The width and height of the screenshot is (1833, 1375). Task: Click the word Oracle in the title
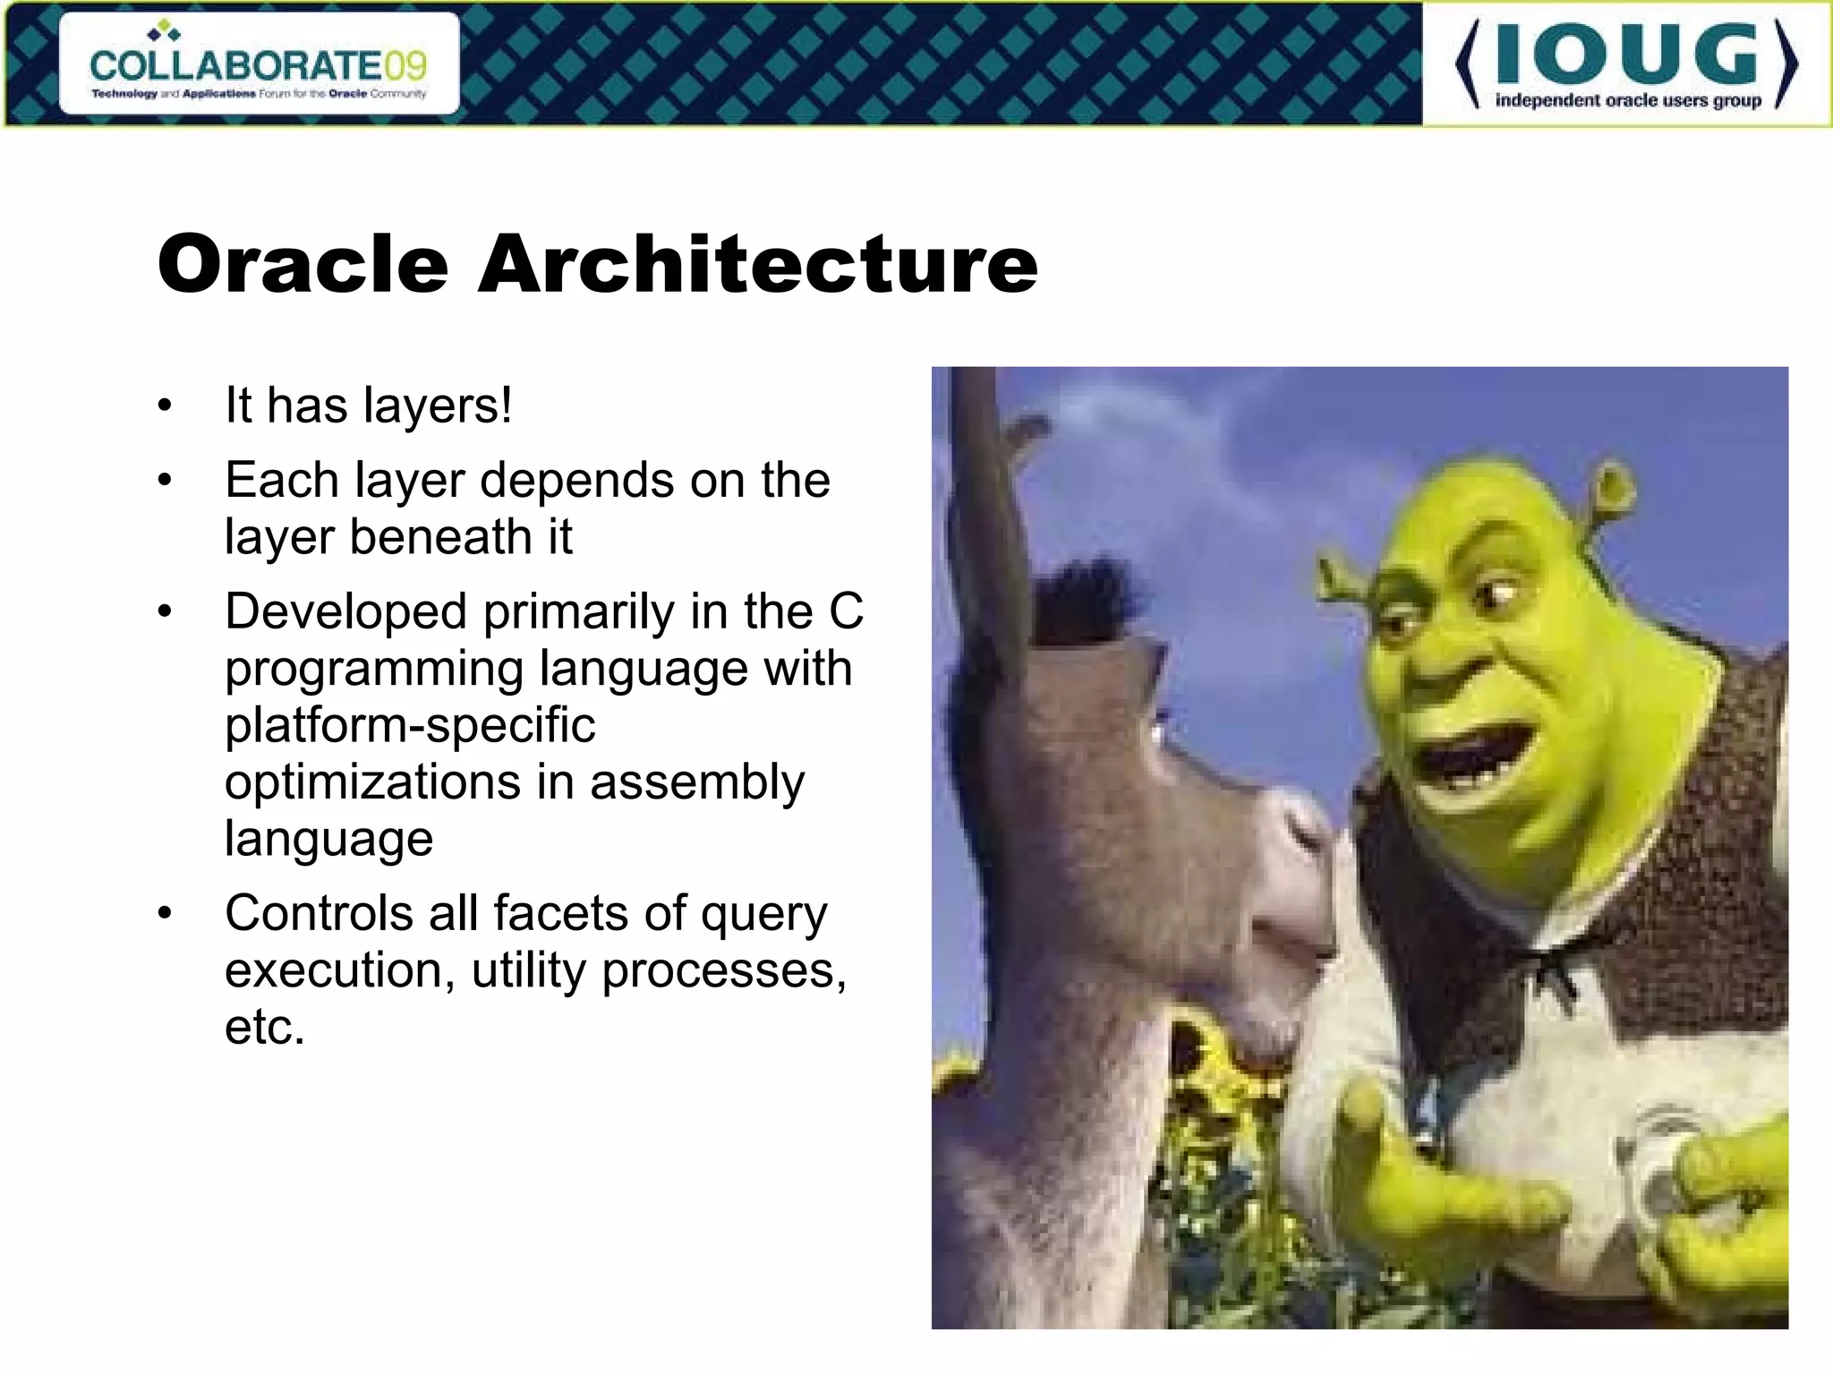coord(303,264)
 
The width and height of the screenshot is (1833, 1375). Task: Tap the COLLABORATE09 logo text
coord(258,65)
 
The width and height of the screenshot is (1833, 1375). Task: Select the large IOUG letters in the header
coord(1626,56)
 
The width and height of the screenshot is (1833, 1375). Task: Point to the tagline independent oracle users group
coord(1627,100)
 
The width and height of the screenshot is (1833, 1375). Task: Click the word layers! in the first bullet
coord(438,406)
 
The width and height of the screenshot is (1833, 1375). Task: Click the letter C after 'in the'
coord(845,612)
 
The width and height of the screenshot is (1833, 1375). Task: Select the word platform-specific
coord(410,725)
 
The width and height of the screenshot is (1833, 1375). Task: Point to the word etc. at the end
coord(265,1027)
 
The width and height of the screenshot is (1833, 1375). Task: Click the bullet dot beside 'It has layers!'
coord(164,406)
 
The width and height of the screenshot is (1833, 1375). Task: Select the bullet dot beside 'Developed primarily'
coord(164,612)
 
